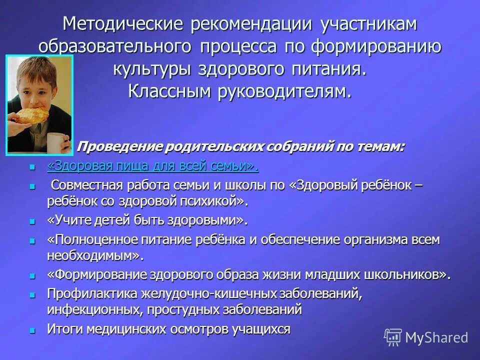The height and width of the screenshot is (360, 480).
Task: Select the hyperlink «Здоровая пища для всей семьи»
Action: click(x=153, y=165)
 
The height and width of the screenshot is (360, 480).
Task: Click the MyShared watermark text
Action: click(x=436, y=337)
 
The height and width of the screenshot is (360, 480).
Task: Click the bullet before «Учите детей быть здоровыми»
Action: click(x=32, y=220)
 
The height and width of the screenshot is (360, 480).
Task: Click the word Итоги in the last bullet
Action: click(x=64, y=329)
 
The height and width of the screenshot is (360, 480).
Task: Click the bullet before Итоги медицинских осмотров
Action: click(x=32, y=330)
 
